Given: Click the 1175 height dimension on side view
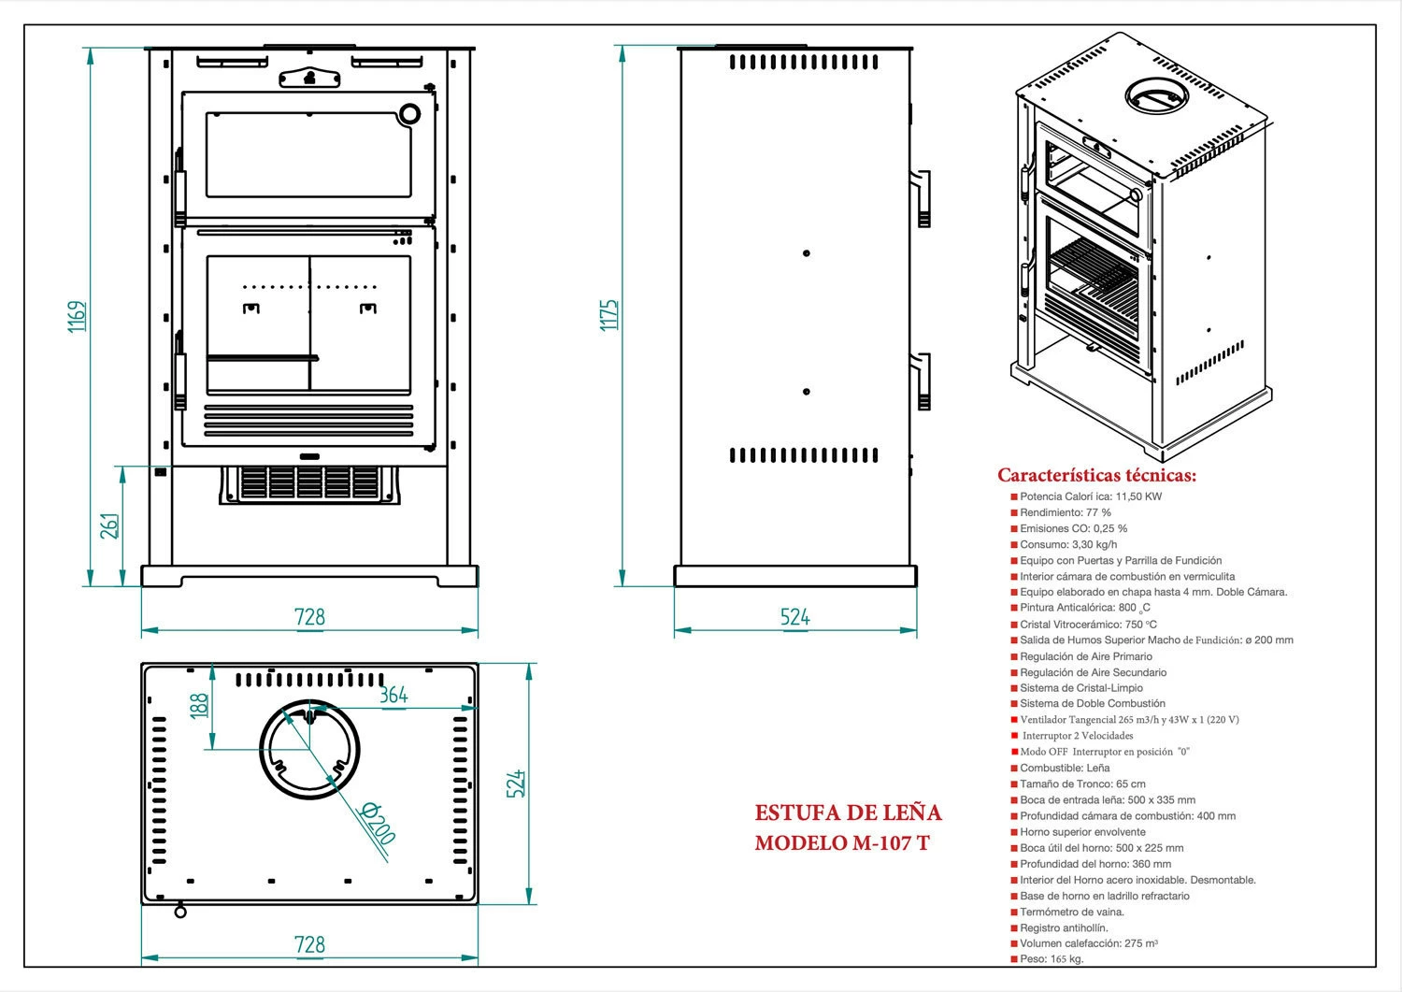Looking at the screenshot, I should click(608, 315).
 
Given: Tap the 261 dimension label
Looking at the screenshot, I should click(109, 525).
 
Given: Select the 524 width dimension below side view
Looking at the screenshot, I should click(794, 617).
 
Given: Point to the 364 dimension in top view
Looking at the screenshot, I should click(393, 695).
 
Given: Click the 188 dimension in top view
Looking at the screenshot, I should click(199, 705).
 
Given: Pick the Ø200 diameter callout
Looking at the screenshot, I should click(378, 822).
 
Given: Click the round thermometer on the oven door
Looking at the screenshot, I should click(409, 114).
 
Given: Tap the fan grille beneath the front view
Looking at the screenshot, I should click(309, 483).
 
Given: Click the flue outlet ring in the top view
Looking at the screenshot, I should click(309, 749).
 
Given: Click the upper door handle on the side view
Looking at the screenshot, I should click(923, 198).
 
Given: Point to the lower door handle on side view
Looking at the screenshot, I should click(923, 381).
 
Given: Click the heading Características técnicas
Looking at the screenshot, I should click(1096, 475).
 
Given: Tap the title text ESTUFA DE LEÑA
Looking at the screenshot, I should click(848, 812).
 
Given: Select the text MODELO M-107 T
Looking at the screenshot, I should click(842, 842).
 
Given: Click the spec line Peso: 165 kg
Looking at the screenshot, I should click(1051, 959).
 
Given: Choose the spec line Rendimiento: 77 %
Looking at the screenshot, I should click(1065, 512).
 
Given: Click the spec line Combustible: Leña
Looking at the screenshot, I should click(1065, 768).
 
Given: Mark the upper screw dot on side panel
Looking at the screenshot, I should click(807, 253).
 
